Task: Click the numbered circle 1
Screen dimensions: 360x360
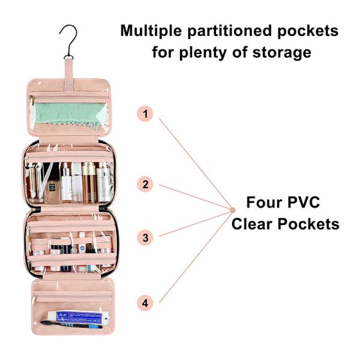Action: coord(145,113)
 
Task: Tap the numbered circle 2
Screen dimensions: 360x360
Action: coord(145,184)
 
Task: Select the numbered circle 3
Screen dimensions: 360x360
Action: coord(145,237)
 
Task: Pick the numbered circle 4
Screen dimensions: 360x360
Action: coord(145,303)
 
